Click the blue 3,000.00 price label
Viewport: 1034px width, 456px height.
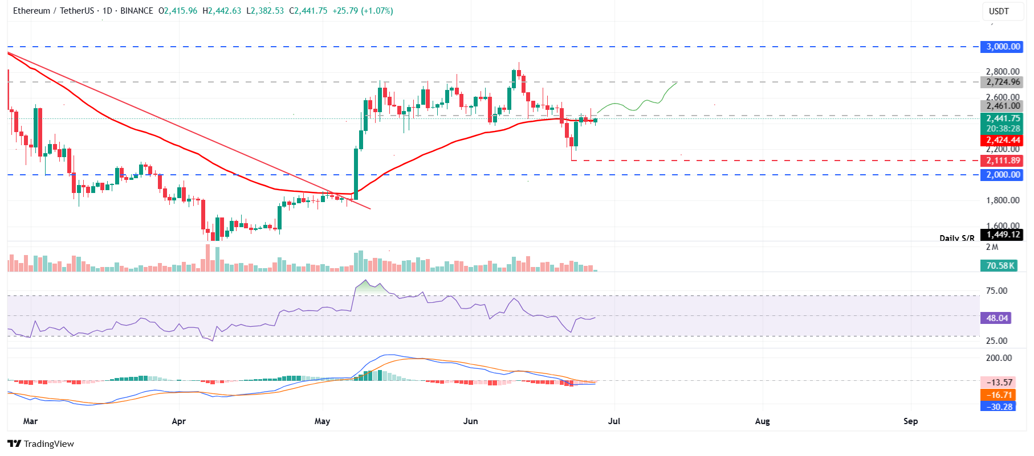pyautogui.click(x=1003, y=47)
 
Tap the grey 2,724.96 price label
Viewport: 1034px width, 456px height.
pyautogui.click(x=1003, y=82)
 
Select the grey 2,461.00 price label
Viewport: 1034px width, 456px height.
pyautogui.click(x=1003, y=106)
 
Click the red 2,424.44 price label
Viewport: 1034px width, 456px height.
pyautogui.click(x=1003, y=140)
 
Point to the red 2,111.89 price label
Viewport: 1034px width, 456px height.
pyautogui.click(x=1003, y=161)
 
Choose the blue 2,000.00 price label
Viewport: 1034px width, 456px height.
pyautogui.click(x=1003, y=175)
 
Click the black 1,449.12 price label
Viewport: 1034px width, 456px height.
pyautogui.click(x=1003, y=235)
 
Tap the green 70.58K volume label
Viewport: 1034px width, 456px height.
pyautogui.click(x=1000, y=266)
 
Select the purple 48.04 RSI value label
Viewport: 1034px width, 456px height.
pyautogui.click(x=996, y=318)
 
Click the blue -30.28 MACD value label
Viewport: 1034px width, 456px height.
pyautogui.click(x=999, y=406)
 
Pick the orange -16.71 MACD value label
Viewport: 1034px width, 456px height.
pyautogui.click(x=999, y=395)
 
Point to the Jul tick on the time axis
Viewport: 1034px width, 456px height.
pyautogui.click(x=614, y=421)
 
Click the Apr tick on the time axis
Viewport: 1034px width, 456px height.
pyautogui.click(x=179, y=421)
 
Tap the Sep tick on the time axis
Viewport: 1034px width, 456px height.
pyautogui.click(x=910, y=421)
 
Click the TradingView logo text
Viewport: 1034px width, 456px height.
pyautogui.click(x=48, y=444)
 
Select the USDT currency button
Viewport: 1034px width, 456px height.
pyautogui.click(x=999, y=11)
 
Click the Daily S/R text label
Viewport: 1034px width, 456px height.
pyautogui.click(x=956, y=238)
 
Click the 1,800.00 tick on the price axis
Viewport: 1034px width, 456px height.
pyautogui.click(x=1003, y=200)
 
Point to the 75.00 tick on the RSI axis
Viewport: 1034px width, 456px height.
pyautogui.click(x=996, y=291)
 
